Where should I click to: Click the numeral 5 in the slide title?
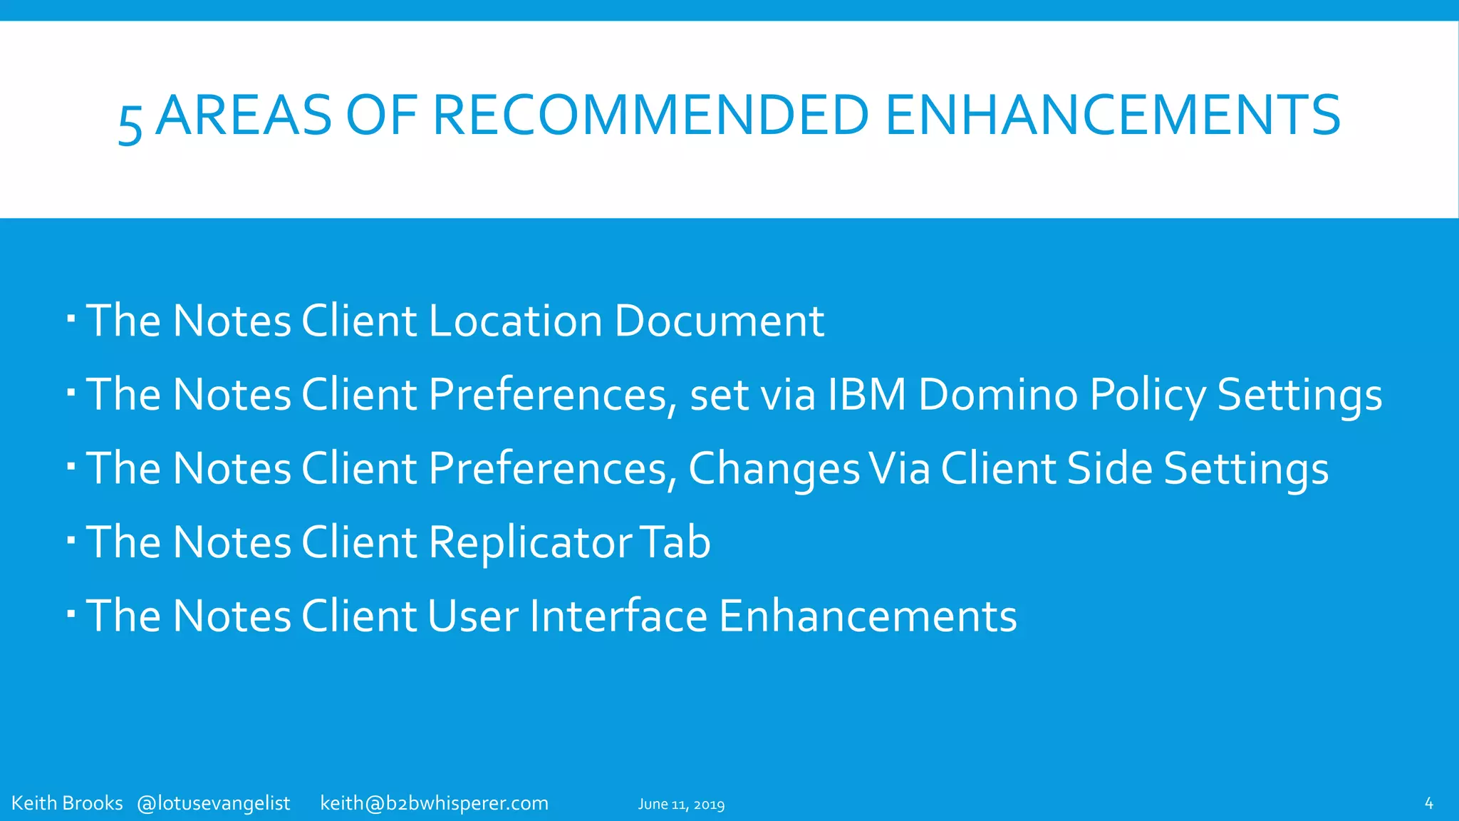tap(130, 123)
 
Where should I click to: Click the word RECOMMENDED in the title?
tap(650, 115)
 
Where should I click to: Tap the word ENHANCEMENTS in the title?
tap(1113, 115)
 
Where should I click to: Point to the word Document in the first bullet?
tap(719, 321)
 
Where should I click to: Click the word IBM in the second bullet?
tap(866, 394)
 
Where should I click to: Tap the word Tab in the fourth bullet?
tap(675, 542)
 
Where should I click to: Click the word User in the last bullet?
tap(473, 616)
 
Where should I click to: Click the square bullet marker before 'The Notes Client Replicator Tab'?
tap(71, 539)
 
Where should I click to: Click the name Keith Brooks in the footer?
tap(67, 803)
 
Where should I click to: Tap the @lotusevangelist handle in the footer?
tap(213, 803)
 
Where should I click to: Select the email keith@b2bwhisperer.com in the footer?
tap(434, 803)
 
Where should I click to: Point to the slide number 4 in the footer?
tap(1428, 803)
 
